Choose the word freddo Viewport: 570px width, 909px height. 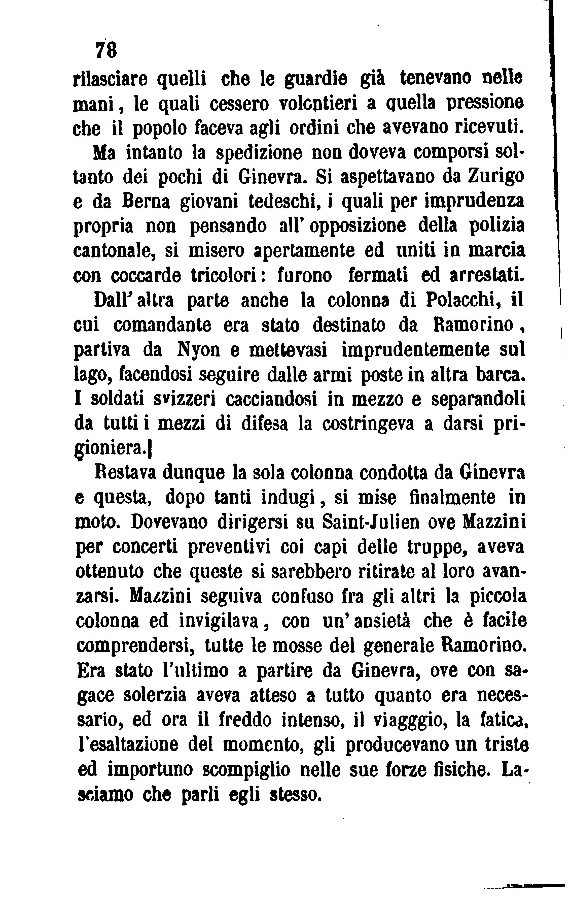coord(245,720)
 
